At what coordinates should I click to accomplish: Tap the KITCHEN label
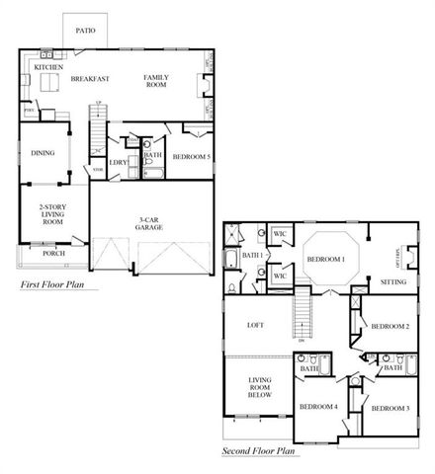coord(48,67)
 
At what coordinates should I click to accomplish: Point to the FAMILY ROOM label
coord(156,81)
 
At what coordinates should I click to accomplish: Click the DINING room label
coord(42,153)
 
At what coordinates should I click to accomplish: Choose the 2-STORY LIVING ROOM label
coord(51,214)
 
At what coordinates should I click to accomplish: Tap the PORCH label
coord(53,253)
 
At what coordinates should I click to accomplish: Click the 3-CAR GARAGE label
coord(149,222)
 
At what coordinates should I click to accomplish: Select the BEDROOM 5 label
coord(190,157)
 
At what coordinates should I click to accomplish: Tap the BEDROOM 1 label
coord(325,259)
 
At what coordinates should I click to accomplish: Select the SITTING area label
coord(392,281)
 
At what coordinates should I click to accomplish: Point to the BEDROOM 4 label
coord(318,407)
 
